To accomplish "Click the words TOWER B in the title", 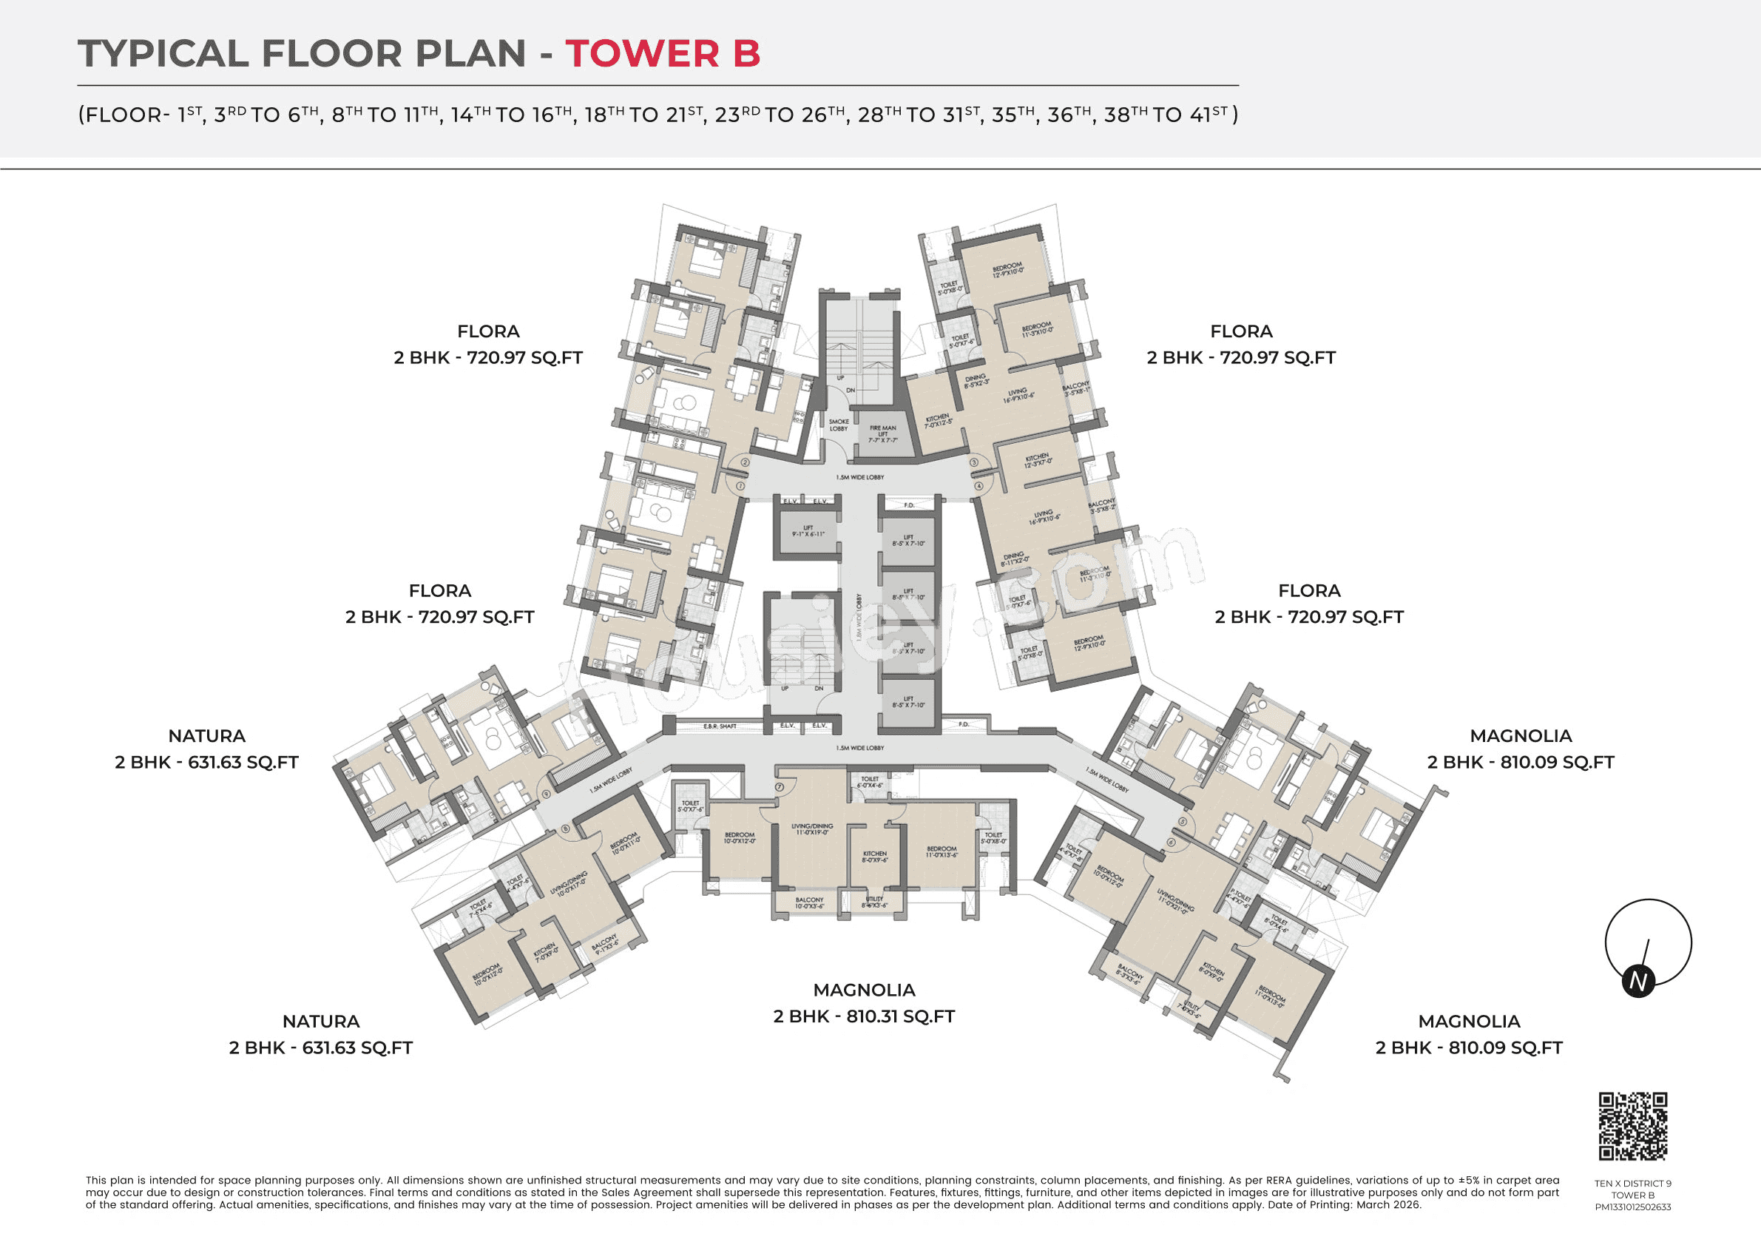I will coord(663,54).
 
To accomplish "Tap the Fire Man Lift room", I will coord(883,434).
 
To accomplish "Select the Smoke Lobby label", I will coord(839,425).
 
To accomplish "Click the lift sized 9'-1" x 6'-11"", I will coord(808,531).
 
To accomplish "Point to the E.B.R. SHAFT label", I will coord(720,726).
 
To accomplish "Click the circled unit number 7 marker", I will coord(780,787).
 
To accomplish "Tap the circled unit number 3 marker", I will coord(974,462).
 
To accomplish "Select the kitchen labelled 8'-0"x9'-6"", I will coord(875,857).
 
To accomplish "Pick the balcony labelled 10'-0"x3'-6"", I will coord(809,903).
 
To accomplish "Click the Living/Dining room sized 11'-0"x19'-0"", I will coord(813,830).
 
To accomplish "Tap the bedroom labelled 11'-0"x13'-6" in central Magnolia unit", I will coord(942,851).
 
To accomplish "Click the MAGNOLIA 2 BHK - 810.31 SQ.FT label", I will coord(864,1003).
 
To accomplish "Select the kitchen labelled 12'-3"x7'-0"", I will coord(1038,460).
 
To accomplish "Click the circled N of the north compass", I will coord(1638,982).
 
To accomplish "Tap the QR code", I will coord(1633,1126).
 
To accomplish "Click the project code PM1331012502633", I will coord(1633,1207).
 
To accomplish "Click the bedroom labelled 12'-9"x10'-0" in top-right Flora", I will coord(1007,270).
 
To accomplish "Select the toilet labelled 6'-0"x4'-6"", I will coord(870,782).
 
